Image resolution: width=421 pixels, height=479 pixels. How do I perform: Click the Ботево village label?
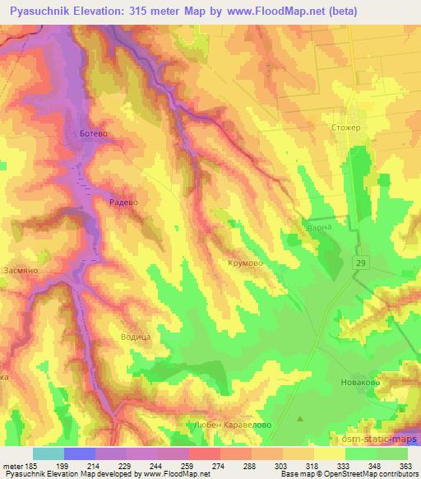pos(91,133)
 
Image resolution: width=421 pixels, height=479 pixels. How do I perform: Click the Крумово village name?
pos(244,263)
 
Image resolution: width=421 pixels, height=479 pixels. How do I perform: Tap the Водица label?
pos(136,337)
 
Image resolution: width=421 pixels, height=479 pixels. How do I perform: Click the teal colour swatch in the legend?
pos(48,453)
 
